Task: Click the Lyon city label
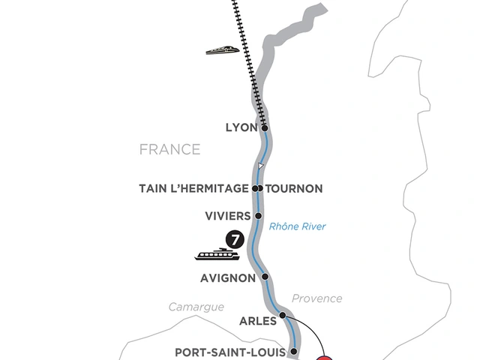(x=241, y=128)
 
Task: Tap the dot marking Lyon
(x=265, y=128)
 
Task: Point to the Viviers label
(x=227, y=216)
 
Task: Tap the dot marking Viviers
(x=259, y=216)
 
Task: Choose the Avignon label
(x=228, y=277)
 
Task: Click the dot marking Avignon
(x=265, y=277)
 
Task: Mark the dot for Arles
(x=283, y=316)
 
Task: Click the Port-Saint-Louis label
(x=229, y=351)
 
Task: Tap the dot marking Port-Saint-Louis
(x=293, y=351)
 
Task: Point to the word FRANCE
(x=170, y=149)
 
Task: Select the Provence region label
(x=318, y=298)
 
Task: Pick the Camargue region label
(x=196, y=307)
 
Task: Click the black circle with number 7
(x=235, y=240)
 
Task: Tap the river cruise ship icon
(x=217, y=254)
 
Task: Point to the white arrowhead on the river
(x=259, y=166)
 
